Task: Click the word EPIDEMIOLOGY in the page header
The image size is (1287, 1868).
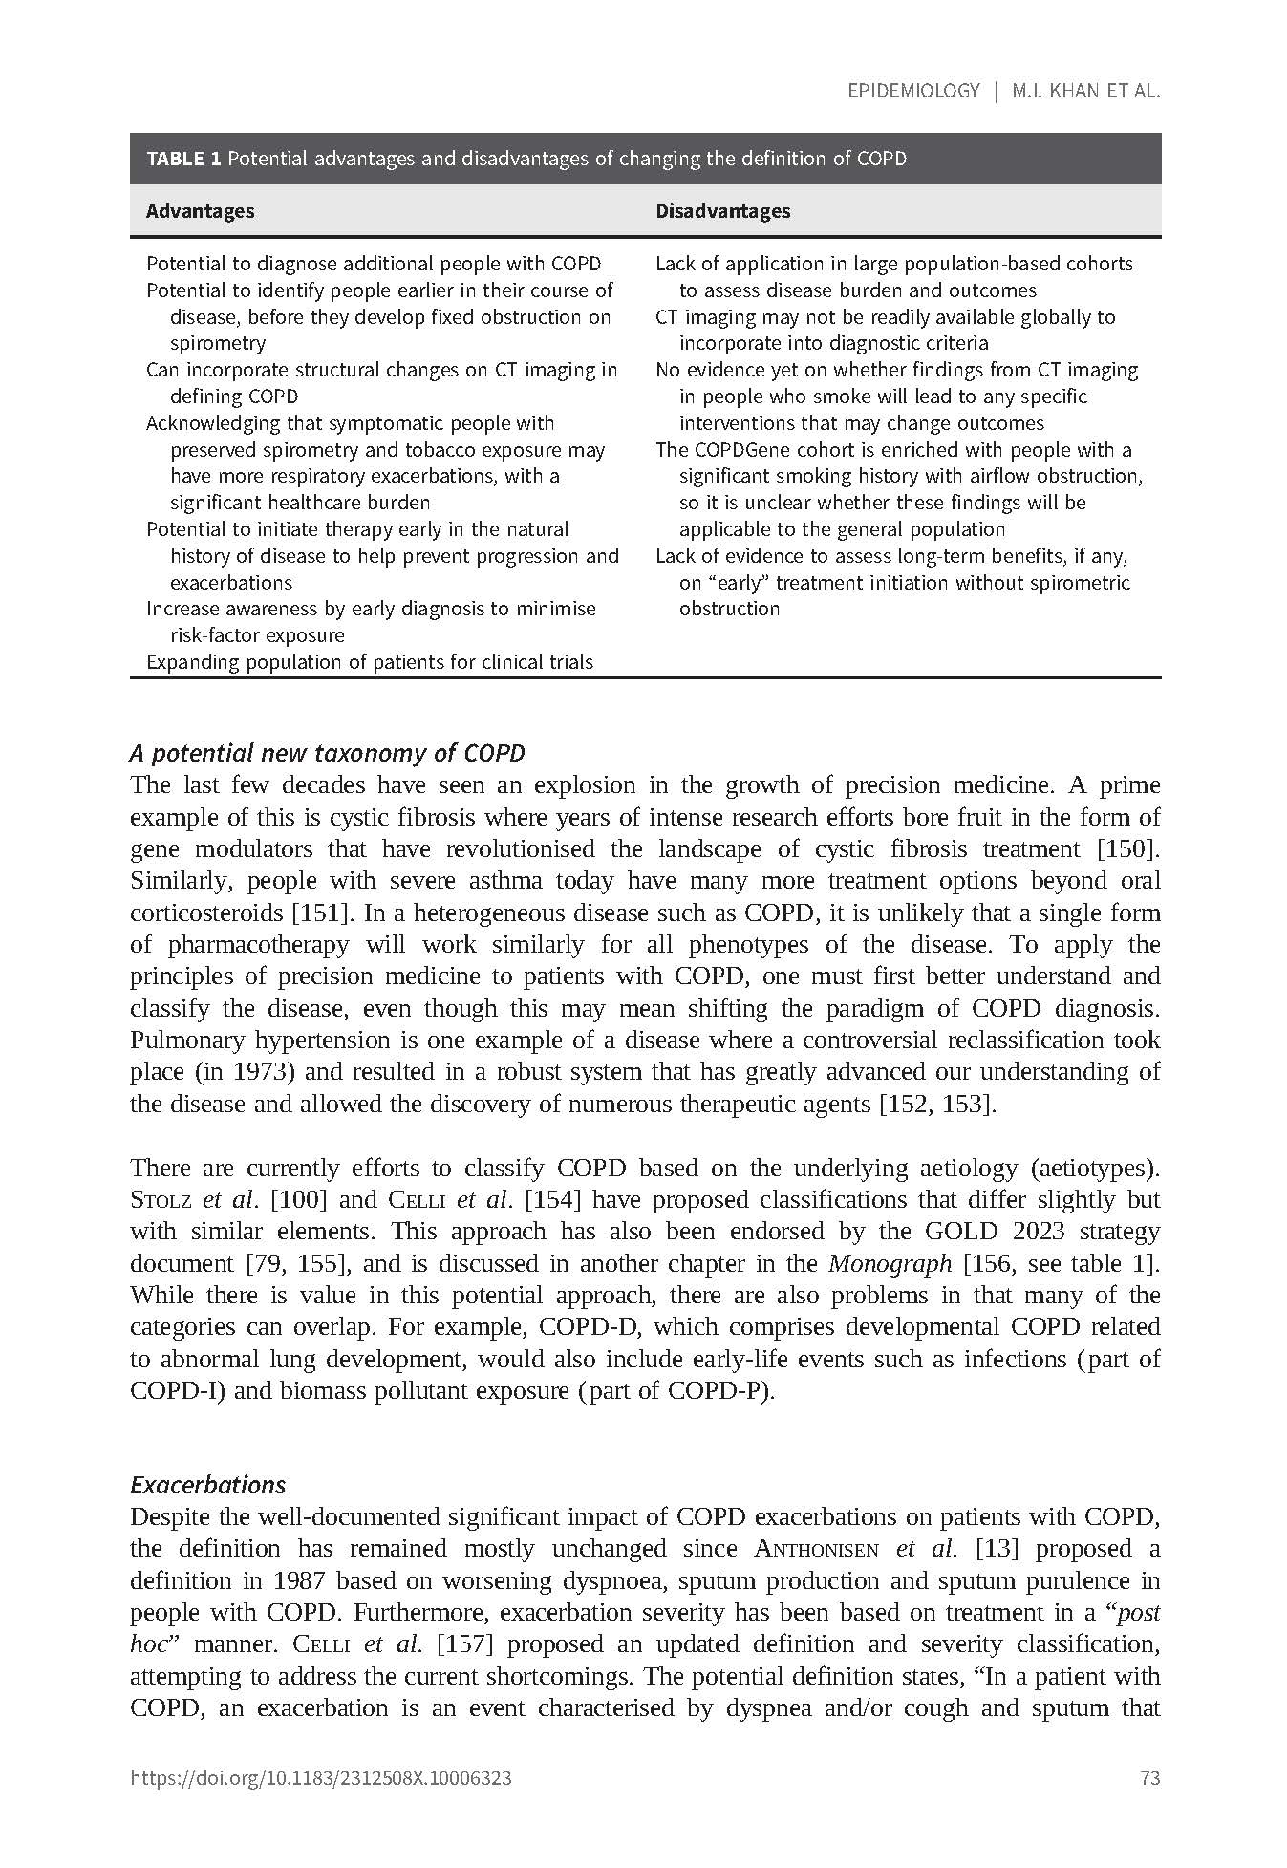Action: (x=913, y=91)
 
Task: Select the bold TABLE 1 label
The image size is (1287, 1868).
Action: (x=183, y=159)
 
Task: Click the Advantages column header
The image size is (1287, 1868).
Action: (x=200, y=211)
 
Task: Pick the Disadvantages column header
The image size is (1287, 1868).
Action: (x=722, y=211)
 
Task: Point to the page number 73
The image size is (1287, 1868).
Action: (x=1149, y=1778)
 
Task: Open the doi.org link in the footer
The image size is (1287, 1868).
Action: (x=320, y=1778)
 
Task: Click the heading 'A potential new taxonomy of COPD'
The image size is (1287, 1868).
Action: (x=327, y=753)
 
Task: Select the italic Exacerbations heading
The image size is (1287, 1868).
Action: (x=207, y=1485)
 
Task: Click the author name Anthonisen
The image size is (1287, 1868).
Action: (x=816, y=1549)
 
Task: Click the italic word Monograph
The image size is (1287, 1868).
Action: (x=890, y=1263)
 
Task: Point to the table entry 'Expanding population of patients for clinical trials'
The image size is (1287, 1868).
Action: (x=369, y=662)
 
